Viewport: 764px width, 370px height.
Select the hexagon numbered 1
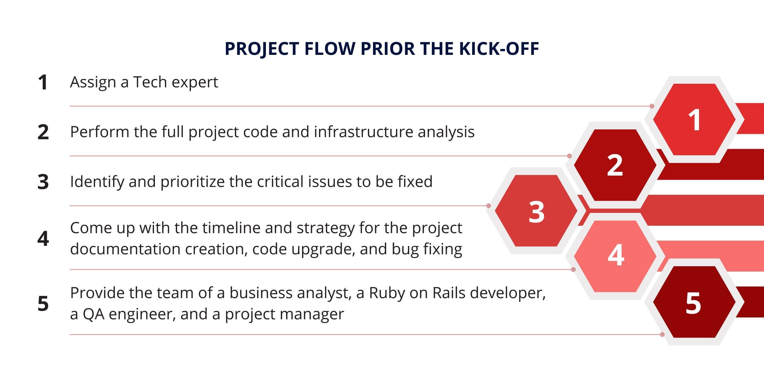point(694,120)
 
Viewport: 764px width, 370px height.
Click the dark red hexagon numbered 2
point(615,165)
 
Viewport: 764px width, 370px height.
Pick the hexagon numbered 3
point(536,211)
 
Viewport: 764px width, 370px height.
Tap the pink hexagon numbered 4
point(615,256)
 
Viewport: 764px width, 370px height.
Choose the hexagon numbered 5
point(694,302)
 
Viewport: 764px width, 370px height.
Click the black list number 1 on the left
point(43,82)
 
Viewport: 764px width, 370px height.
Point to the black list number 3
point(43,182)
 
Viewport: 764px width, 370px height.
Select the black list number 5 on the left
point(43,304)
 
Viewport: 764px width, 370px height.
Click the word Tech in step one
point(150,82)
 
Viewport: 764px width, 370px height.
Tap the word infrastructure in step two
point(363,132)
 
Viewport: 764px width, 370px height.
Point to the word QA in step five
point(94,314)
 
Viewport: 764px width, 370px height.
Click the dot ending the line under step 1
point(652,106)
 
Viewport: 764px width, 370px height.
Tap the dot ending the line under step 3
point(489,206)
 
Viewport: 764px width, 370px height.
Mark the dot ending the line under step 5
point(662,335)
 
